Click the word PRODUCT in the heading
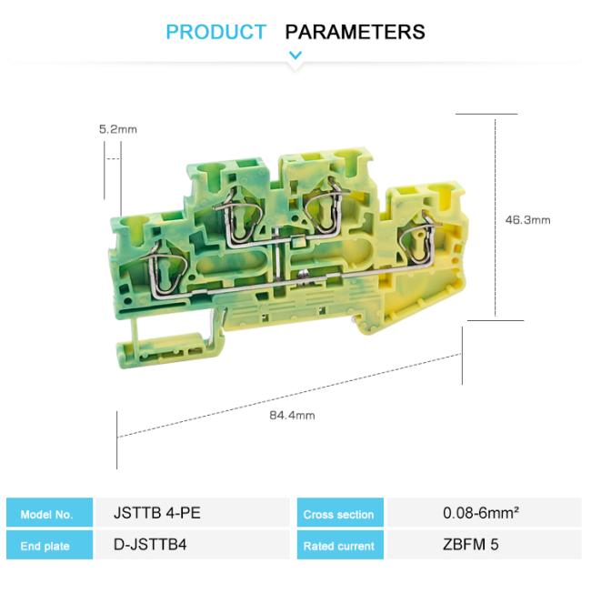215,32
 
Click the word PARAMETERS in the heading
355,32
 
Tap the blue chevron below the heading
295,56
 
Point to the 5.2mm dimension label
117,129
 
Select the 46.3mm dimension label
527,219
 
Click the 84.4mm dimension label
292,416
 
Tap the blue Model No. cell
50,514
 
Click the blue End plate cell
50,546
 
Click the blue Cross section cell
338,514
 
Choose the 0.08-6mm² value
481,513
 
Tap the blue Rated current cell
338,546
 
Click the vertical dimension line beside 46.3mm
496,218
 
